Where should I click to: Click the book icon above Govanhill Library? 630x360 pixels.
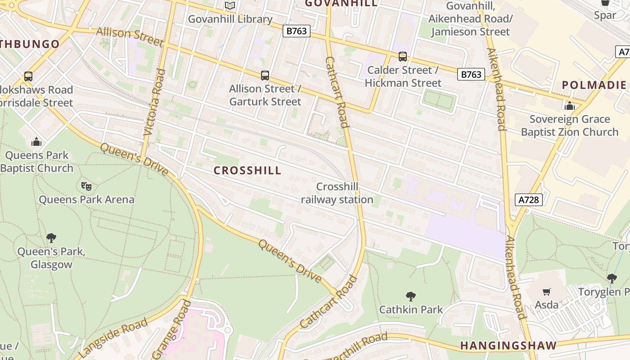click(x=230, y=6)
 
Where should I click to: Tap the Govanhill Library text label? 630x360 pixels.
click(x=230, y=19)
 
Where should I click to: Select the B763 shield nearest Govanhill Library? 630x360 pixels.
click(x=297, y=31)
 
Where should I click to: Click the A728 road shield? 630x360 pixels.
click(x=528, y=199)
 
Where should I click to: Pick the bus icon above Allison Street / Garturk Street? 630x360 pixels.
click(x=265, y=75)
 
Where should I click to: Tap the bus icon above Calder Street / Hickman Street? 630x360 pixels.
click(x=403, y=57)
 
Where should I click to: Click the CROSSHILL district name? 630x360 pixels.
click(x=247, y=171)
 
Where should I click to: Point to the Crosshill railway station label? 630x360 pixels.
click(x=337, y=193)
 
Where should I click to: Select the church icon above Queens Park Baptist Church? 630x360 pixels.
click(x=36, y=142)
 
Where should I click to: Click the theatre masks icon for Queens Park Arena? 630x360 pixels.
click(x=86, y=186)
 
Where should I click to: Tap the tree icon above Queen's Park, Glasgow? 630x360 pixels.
click(x=51, y=238)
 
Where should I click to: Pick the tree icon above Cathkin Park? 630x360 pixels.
click(x=410, y=296)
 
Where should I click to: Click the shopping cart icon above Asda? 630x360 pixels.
click(x=546, y=292)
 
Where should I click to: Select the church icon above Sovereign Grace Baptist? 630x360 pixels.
click(x=570, y=106)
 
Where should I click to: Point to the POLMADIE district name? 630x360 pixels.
click(x=594, y=85)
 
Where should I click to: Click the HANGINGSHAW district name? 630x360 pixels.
click(x=508, y=346)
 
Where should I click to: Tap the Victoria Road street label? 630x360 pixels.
click(x=154, y=103)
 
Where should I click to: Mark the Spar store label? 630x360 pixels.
click(x=605, y=15)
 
